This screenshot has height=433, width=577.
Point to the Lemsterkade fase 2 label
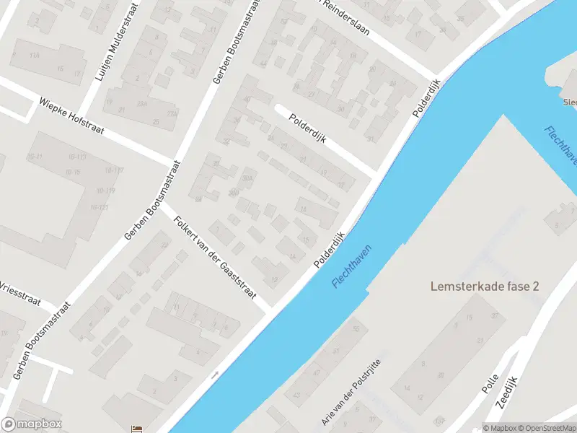485,286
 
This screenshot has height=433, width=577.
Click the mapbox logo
32,424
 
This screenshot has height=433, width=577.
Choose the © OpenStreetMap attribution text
547,428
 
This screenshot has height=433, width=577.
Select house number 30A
249,178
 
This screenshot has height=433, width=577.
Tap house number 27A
172,113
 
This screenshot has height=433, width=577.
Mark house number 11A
35,54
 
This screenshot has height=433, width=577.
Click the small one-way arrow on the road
215,375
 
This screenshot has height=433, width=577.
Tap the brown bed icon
136,429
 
